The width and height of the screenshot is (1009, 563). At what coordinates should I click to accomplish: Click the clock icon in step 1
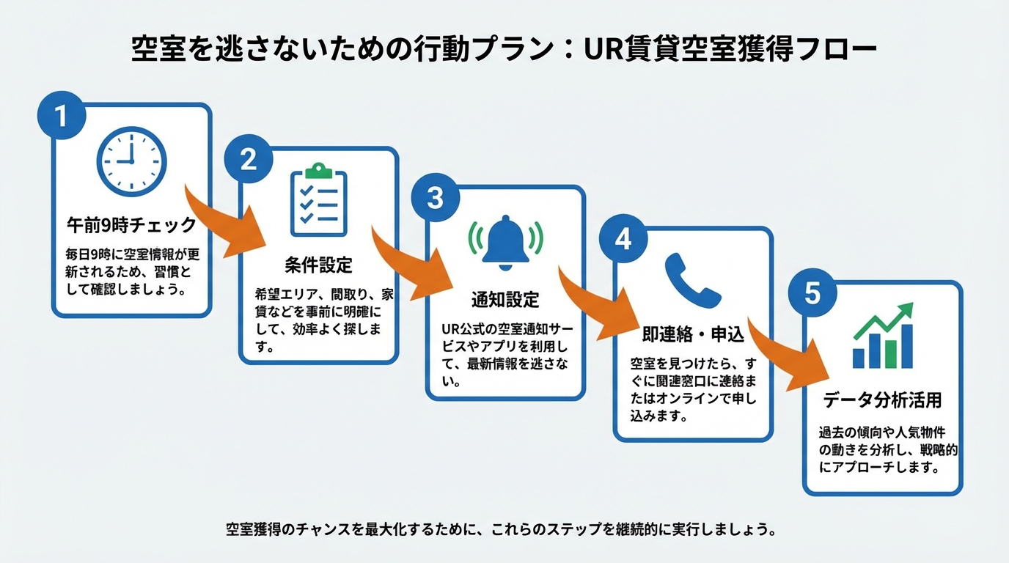tap(132, 161)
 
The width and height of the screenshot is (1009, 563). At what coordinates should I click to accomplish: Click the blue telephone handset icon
tap(692, 281)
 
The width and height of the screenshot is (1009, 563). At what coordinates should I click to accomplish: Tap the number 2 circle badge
tap(249, 159)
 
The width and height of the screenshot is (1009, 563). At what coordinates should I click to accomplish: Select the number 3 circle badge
tap(436, 199)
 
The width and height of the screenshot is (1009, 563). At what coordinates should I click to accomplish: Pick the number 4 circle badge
tap(623, 240)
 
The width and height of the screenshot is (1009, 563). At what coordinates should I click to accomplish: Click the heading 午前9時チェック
tap(132, 224)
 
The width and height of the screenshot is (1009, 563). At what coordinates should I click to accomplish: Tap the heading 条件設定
tap(318, 265)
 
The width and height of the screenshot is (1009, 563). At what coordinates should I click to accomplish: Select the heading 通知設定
tap(505, 299)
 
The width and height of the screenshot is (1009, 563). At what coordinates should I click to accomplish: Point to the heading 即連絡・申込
tap(692, 336)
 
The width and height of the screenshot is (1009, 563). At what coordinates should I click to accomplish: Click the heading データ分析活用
tap(882, 400)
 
